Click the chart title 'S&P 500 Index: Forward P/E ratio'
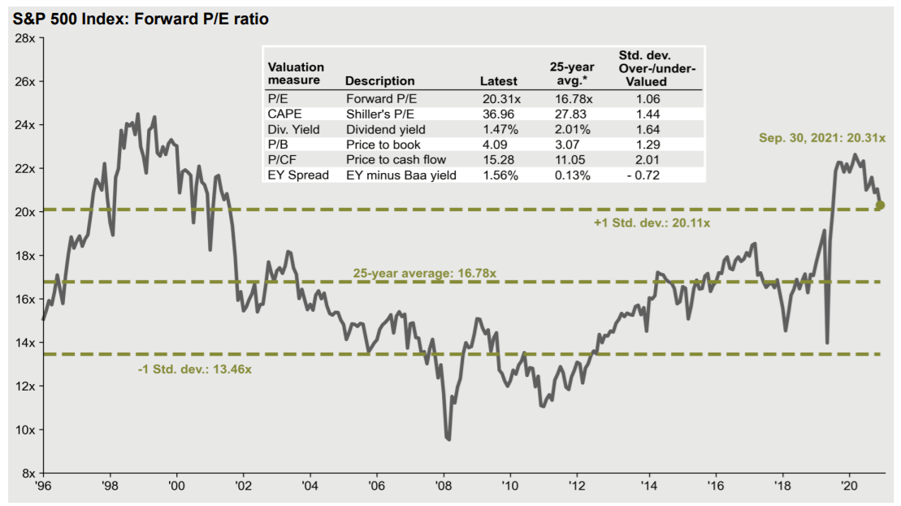coord(141,19)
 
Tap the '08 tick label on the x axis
coord(444,487)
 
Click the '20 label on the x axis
coord(850,487)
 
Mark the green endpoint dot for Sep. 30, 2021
coord(881,205)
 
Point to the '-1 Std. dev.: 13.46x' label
coord(194,370)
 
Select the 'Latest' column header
coord(499,81)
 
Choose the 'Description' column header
coord(379,81)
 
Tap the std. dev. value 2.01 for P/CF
coord(648,159)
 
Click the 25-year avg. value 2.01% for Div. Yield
coord(571,129)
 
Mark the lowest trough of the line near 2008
coord(448,439)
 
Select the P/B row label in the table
coord(279,145)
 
